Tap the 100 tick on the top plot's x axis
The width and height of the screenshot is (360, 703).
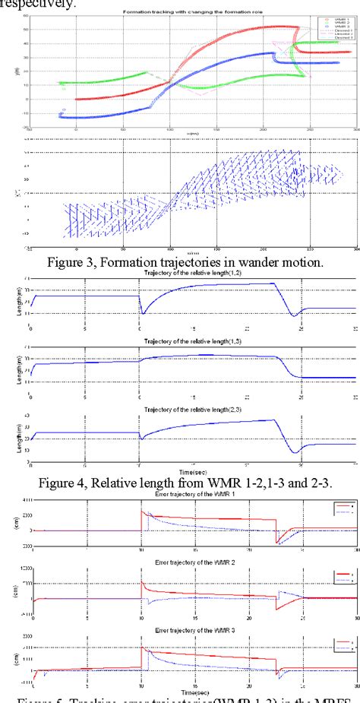(x=169, y=131)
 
